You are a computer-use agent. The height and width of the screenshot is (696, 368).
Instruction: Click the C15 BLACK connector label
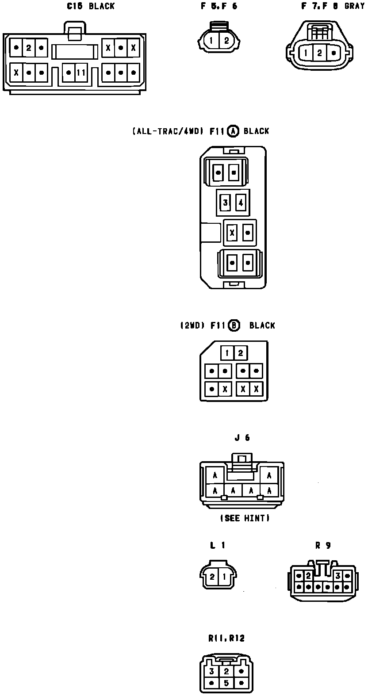tap(91, 6)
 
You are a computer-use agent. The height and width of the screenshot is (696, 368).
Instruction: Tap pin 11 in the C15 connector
tap(80, 72)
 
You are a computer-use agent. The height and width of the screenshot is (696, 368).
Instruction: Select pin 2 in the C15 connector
tap(28, 47)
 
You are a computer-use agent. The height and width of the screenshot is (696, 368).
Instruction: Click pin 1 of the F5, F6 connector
tap(212, 41)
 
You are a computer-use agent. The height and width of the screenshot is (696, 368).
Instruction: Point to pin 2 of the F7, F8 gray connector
tap(319, 53)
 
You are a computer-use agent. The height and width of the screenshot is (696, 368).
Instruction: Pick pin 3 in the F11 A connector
tap(226, 203)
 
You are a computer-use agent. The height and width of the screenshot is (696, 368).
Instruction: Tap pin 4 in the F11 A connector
tap(241, 203)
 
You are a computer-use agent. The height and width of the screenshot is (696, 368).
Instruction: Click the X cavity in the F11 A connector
tap(231, 232)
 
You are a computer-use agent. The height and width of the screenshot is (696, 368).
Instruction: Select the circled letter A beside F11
tap(233, 131)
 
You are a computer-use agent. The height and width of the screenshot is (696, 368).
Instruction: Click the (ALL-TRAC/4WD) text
tap(167, 131)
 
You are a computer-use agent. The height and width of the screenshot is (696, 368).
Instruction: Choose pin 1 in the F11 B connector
tap(227, 353)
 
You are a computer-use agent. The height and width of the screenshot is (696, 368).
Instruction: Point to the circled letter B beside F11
tap(234, 325)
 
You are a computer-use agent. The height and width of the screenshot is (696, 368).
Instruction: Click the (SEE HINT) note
tap(245, 518)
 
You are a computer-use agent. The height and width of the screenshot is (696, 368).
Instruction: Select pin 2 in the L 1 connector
tap(212, 577)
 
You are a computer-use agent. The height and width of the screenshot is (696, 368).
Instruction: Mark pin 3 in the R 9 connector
tap(338, 576)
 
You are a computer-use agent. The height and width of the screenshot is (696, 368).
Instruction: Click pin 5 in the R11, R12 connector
tap(226, 683)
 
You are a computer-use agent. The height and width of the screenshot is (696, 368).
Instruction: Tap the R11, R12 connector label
tap(226, 638)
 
